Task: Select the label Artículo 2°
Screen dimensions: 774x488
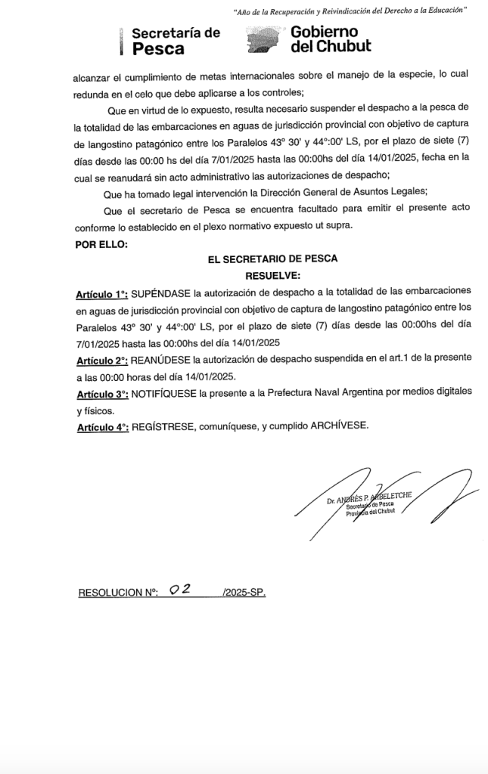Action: (x=101, y=357)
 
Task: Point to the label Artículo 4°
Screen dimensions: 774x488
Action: (x=101, y=426)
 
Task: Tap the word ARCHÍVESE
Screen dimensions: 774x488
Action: (x=340, y=426)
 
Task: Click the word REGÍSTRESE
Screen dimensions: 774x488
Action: (x=163, y=426)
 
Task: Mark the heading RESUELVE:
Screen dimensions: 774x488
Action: (x=272, y=274)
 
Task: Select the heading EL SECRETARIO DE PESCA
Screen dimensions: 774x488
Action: (x=272, y=258)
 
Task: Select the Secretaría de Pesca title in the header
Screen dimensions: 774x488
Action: (x=176, y=41)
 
